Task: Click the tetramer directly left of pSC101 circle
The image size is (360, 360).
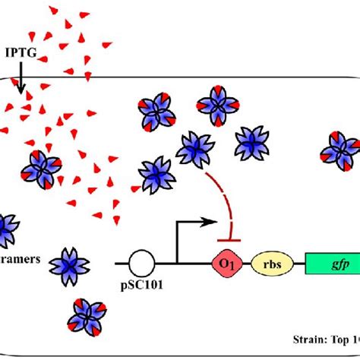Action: (x=70, y=264)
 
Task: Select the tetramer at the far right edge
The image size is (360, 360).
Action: (x=339, y=147)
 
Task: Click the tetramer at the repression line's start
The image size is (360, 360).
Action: (x=194, y=146)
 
